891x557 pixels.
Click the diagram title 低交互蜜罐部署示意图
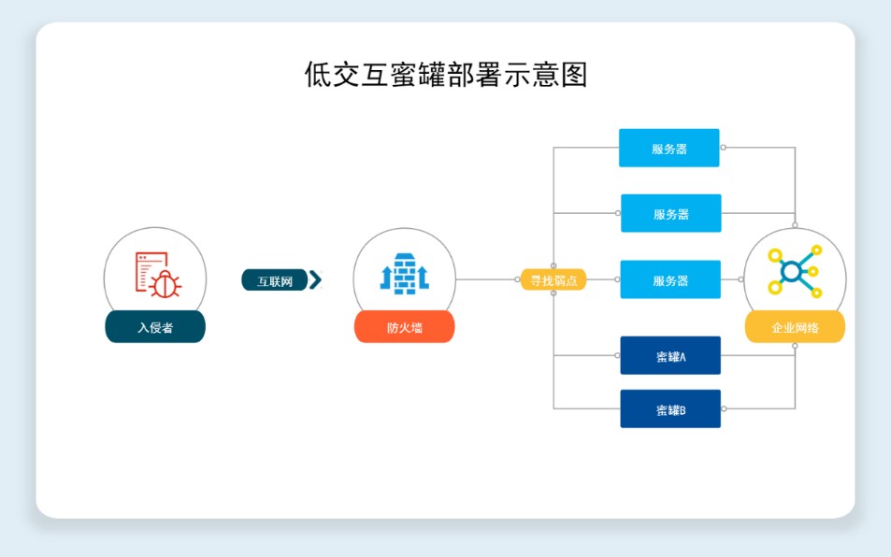pos(445,74)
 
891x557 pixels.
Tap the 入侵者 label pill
pos(154,327)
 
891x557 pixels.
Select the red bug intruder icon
pos(157,273)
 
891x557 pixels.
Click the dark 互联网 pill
pos(275,280)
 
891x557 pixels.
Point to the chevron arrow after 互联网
pos(315,279)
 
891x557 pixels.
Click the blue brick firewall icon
pos(404,274)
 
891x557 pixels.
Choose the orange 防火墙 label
pos(404,327)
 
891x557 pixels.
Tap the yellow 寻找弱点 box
pos(553,279)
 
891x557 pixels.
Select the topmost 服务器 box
pos(669,148)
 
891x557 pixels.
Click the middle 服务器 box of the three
pos(670,213)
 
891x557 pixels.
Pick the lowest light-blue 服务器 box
pos(670,279)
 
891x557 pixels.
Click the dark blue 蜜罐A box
pos(670,355)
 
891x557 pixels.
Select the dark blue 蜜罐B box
pos(670,408)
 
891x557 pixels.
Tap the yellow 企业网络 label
pos(795,327)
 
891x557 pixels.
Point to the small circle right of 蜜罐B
pos(724,408)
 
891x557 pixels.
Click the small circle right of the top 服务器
pos(723,148)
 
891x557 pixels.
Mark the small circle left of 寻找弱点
pos(517,279)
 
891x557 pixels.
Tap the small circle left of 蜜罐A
pos(618,355)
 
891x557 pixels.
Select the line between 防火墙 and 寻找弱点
pos(486,279)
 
